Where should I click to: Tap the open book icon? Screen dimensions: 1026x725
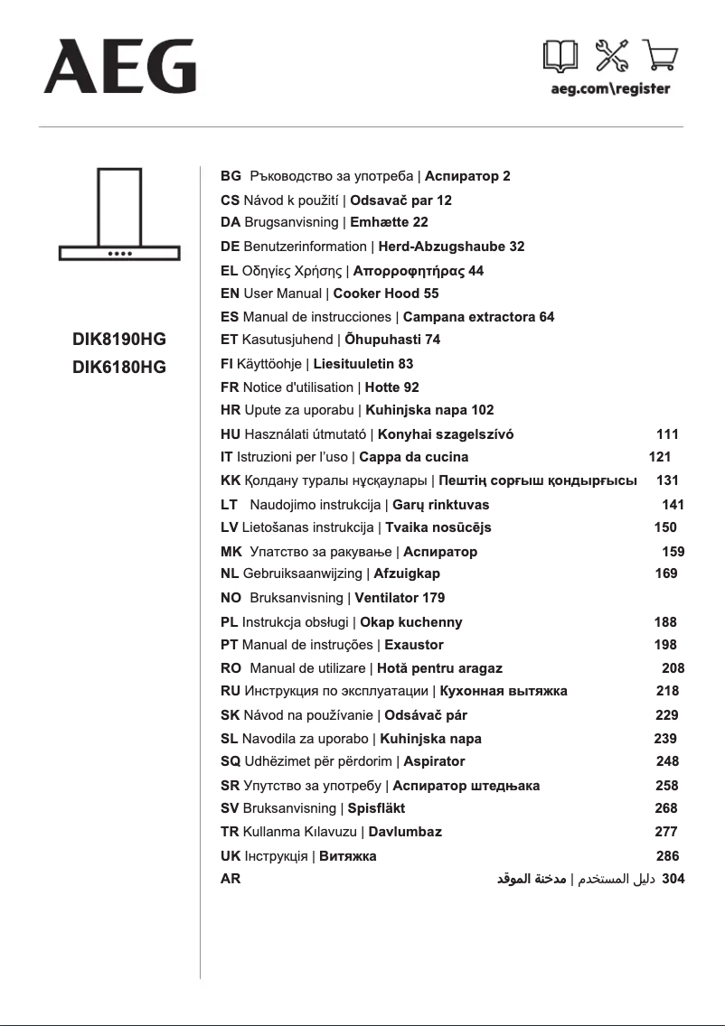click(x=560, y=57)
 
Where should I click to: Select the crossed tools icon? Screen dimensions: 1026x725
click(x=611, y=57)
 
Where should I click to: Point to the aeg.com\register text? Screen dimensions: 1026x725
click(x=610, y=89)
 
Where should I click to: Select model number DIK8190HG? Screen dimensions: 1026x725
click(x=119, y=340)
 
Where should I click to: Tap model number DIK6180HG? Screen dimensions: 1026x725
click(x=119, y=368)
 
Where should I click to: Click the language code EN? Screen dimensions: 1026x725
click(x=231, y=294)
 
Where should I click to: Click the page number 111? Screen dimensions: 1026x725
click(x=667, y=434)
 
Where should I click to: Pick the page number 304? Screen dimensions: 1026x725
click(x=673, y=878)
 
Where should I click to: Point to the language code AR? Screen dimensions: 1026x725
click(x=231, y=878)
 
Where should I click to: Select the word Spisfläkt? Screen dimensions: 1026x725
click(x=376, y=808)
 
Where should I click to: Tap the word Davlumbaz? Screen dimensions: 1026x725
click(x=405, y=832)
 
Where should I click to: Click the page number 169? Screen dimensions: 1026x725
click(x=665, y=574)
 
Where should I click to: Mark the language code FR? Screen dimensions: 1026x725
click(x=231, y=387)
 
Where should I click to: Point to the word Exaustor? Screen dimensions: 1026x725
click(x=413, y=645)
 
